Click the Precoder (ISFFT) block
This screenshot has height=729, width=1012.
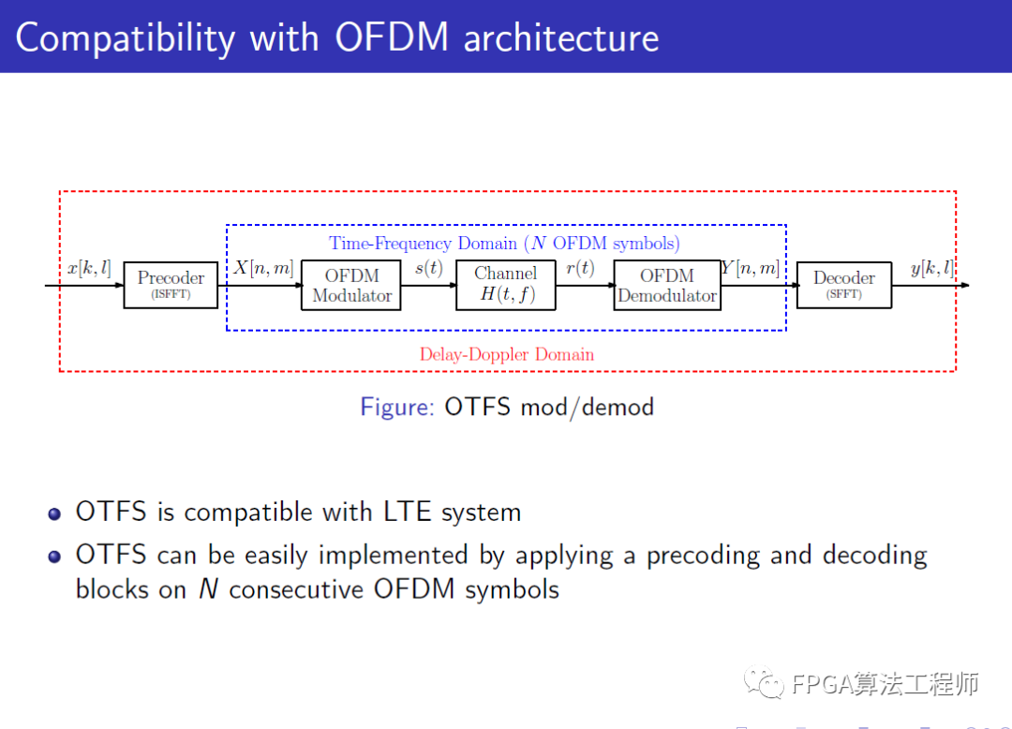(171, 285)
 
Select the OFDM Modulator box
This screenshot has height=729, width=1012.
(351, 286)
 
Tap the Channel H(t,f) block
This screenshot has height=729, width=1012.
(506, 286)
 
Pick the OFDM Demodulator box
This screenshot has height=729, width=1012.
(667, 286)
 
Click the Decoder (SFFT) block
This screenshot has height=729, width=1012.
(843, 285)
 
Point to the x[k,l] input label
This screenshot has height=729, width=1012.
(89, 269)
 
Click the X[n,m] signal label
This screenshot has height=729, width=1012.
(263, 269)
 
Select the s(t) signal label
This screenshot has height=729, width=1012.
(428, 269)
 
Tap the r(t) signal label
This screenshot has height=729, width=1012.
(580, 269)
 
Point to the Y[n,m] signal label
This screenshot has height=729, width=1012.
(751, 269)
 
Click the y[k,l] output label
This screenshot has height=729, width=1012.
(931, 269)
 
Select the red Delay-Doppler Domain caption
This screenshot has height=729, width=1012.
(506, 354)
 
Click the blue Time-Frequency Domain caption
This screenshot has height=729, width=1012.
(504, 244)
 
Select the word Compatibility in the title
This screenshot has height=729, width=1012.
(125, 38)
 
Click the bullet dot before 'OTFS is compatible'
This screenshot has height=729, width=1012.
(55, 513)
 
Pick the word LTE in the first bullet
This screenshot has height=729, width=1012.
(408, 513)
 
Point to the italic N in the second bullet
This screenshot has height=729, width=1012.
(208, 589)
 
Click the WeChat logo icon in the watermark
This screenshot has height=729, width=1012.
(765, 683)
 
